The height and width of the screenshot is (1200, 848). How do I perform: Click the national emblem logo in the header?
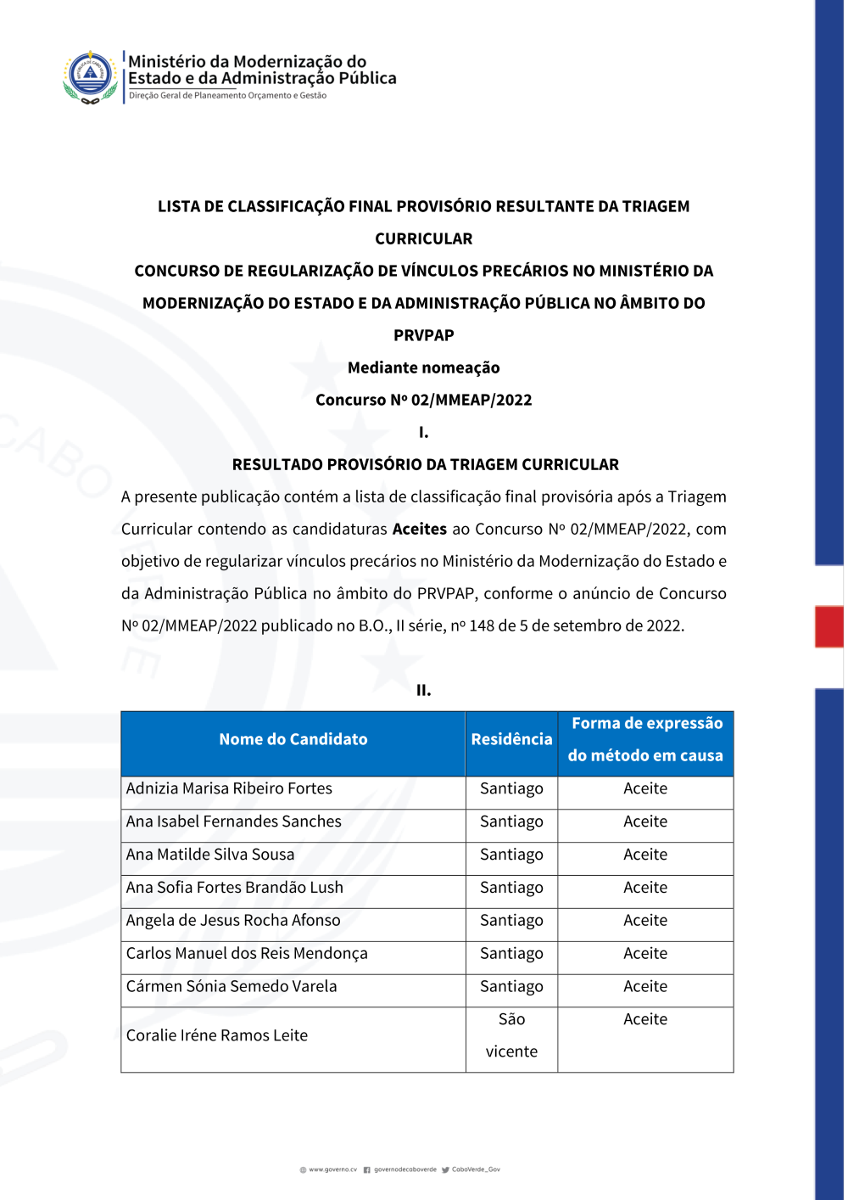click(x=90, y=76)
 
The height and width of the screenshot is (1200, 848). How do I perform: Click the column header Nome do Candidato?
click(x=293, y=739)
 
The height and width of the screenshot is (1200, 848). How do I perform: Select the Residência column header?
click(x=511, y=739)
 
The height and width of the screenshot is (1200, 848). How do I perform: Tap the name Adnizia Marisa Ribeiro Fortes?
click(x=229, y=788)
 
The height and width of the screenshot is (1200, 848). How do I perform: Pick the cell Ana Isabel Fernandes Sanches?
click(x=233, y=821)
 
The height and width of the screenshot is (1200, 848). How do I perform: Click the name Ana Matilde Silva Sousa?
click(x=210, y=855)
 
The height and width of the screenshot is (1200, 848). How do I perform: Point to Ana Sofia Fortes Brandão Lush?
click(x=234, y=888)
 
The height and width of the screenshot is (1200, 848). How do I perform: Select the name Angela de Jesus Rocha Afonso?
click(x=233, y=921)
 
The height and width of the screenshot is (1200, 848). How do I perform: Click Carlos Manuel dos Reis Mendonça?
click(x=247, y=954)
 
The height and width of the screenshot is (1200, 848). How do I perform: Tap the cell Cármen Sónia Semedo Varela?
click(x=232, y=987)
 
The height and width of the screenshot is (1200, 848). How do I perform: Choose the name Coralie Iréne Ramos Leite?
click(x=217, y=1035)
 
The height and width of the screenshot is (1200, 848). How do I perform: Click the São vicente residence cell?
click(x=511, y=1035)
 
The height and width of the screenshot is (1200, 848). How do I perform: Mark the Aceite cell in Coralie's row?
click(x=645, y=1020)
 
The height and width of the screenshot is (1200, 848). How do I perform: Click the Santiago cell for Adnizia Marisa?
click(x=511, y=788)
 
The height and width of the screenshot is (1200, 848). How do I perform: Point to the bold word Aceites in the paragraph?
click(x=419, y=530)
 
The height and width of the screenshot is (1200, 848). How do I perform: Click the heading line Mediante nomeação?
click(x=424, y=367)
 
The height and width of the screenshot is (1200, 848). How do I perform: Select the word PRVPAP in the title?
click(x=424, y=335)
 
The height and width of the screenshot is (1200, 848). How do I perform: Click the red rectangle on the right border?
click(x=829, y=626)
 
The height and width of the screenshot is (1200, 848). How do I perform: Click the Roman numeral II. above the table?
click(x=424, y=690)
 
